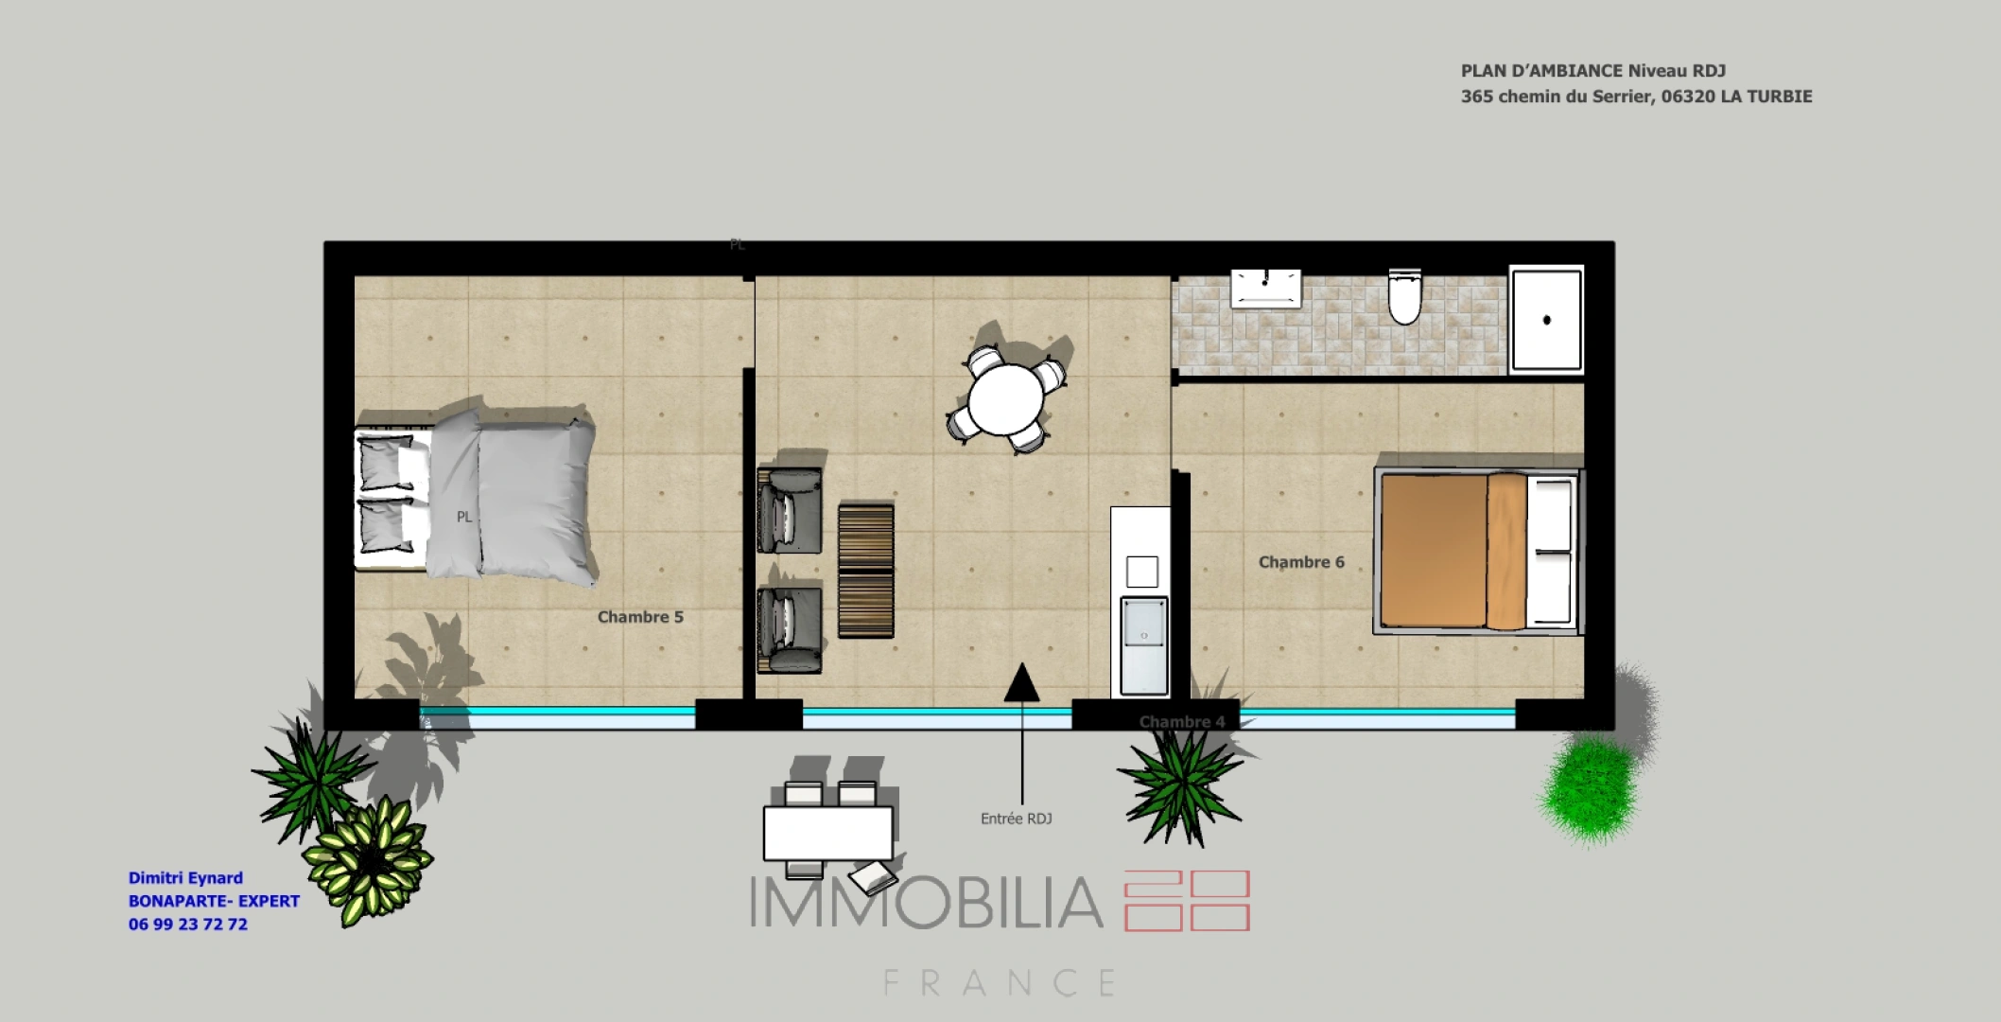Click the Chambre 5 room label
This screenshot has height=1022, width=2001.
click(640, 617)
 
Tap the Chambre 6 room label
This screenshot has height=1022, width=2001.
click(1300, 562)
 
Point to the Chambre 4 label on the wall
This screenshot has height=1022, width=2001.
click(1181, 721)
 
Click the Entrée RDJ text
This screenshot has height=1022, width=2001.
click(1016, 819)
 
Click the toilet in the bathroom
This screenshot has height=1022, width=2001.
click(1404, 297)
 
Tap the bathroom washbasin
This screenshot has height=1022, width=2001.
click(1265, 287)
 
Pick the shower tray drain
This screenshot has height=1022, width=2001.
click(1547, 320)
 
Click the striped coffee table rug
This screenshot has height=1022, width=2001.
click(865, 571)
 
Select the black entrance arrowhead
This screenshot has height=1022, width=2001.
click(1021, 683)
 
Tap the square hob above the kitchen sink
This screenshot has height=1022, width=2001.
click(1142, 572)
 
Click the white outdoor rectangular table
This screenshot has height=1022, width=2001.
click(827, 833)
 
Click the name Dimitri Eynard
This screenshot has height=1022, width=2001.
click(185, 878)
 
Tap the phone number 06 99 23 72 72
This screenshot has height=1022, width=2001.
click(188, 925)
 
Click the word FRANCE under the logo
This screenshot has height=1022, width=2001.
click(1000, 983)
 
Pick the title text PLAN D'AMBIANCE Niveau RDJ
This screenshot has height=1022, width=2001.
click(1592, 71)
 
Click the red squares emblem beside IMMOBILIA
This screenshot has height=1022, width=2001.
click(1187, 902)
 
